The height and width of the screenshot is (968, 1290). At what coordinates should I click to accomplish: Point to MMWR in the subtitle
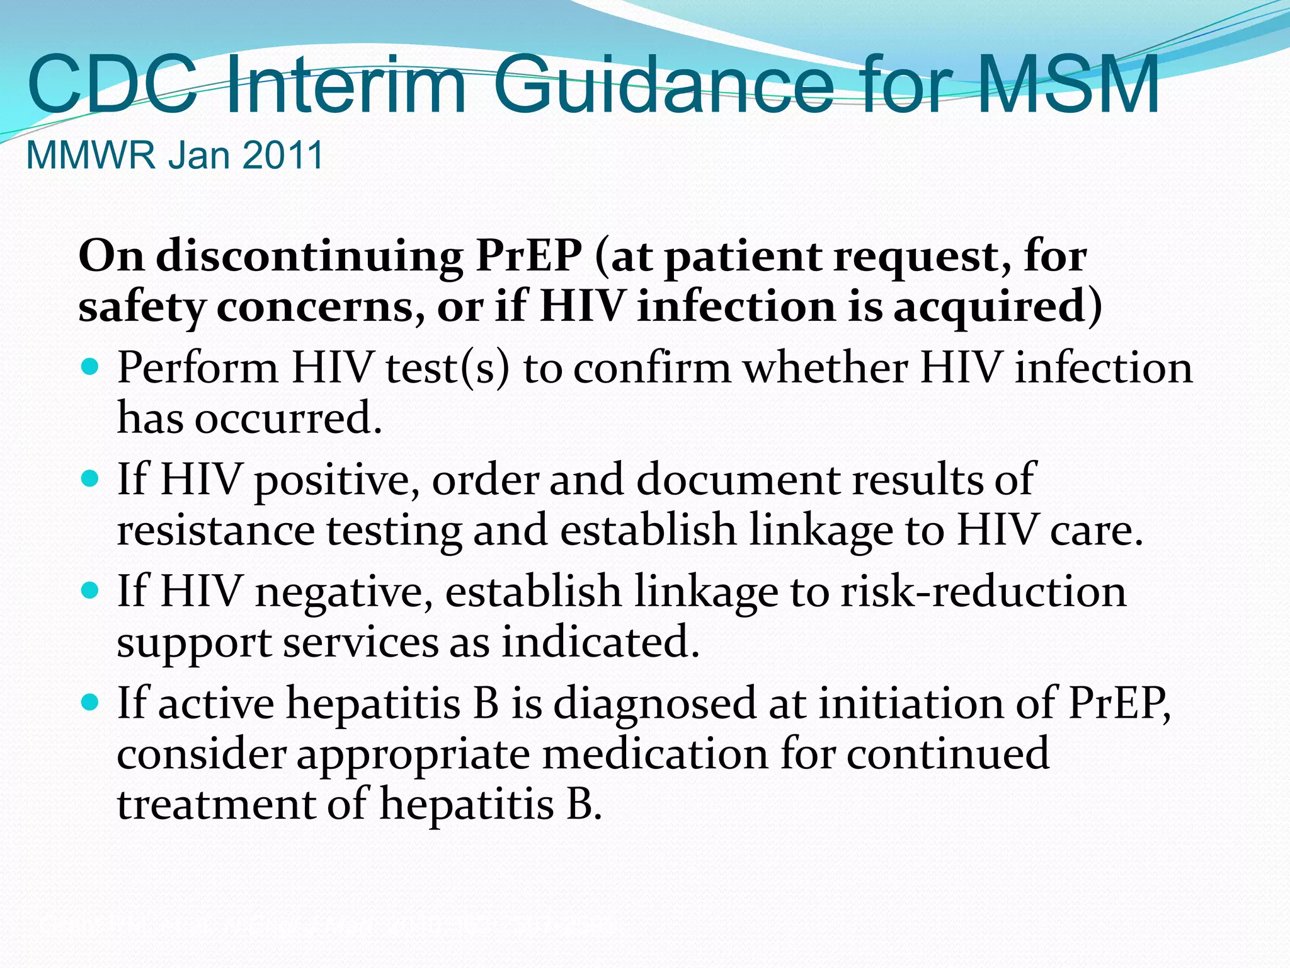click(x=91, y=155)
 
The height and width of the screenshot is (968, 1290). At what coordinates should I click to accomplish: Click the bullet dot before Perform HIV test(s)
click(x=91, y=366)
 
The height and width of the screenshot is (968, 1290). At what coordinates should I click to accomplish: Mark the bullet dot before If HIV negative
click(x=91, y=591)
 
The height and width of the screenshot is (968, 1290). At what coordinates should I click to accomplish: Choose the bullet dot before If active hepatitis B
click(x=91, y=702)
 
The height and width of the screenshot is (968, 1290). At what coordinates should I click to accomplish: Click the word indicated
click(x=600, y=642)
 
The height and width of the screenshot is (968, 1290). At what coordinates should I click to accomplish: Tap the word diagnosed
click(x=654, y=704)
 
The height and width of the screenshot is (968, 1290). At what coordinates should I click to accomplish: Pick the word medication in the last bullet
click(x=655, y=754)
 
